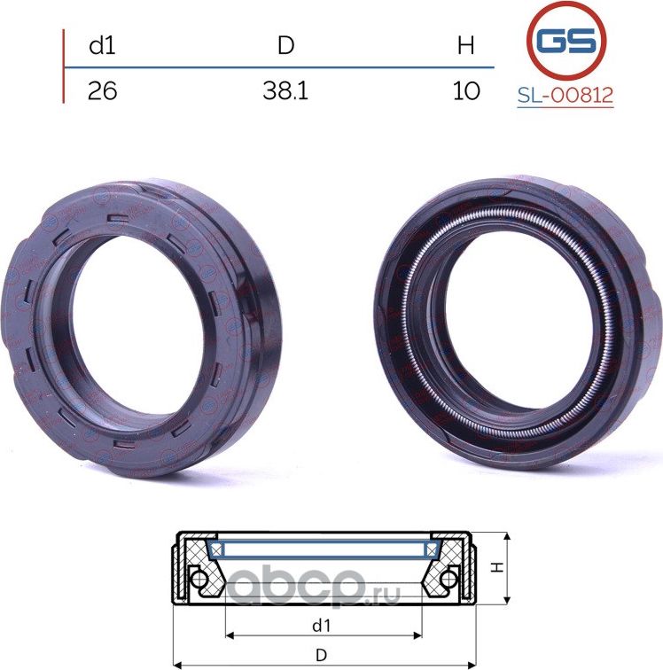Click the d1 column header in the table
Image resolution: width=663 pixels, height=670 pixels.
coord(102,45)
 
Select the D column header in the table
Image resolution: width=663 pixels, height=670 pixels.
coord(286,45)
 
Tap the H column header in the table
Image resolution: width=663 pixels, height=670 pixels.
coord(465,45)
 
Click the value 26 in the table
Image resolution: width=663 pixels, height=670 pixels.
coord(102,90)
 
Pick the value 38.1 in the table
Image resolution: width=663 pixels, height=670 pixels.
coord(285,90)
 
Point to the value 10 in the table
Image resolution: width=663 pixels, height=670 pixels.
coord(466,90)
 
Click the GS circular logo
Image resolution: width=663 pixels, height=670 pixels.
coord(566,42)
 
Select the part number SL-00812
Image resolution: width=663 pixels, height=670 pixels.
coord(565,95)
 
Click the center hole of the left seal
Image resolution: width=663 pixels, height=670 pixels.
coord(137,328)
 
